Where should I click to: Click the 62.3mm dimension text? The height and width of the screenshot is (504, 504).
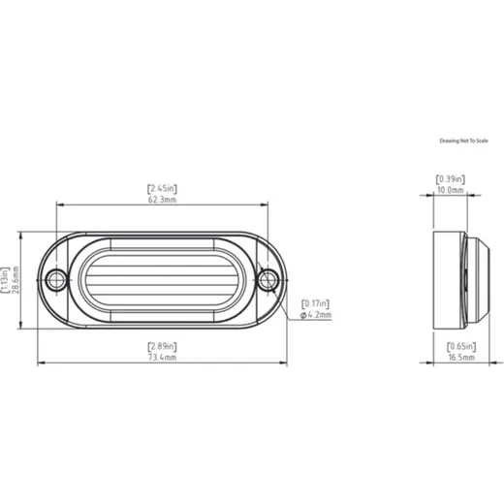coord(162,200)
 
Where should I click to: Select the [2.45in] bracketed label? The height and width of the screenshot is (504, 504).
coord(162,188)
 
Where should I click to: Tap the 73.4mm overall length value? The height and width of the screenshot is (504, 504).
coord(162,358)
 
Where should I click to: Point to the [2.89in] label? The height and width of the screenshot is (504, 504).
coord(162,346)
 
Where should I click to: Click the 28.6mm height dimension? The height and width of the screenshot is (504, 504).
coord(16,280)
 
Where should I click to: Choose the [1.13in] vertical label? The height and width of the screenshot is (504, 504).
coord(5,280)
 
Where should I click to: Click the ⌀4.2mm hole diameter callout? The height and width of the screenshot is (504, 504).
coord(316,315)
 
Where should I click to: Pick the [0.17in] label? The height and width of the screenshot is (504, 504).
coord(315,303)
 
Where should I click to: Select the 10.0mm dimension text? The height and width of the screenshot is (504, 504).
coord(451,190)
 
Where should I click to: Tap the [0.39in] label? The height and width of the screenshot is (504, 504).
coord(451,179)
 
